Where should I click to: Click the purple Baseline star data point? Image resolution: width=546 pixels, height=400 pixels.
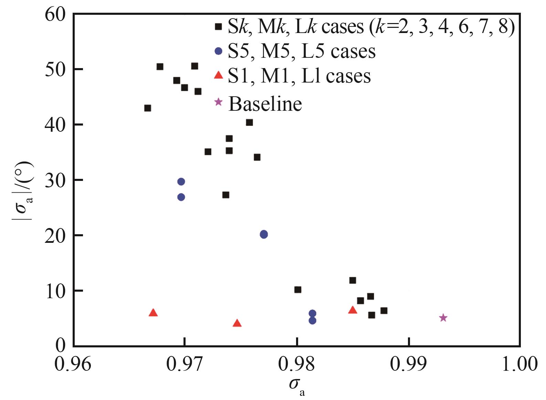(443, 318)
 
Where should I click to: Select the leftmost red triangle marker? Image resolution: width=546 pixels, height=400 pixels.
(153, 313)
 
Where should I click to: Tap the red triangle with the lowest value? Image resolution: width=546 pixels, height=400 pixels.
(237, 323)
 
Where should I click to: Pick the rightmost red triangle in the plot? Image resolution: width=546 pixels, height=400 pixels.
(353, 310)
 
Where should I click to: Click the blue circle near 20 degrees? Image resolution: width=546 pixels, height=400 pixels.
(264, 235)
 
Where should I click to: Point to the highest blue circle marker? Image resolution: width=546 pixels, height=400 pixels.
(181, 182)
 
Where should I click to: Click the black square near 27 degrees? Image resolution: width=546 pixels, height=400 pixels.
(226, 195)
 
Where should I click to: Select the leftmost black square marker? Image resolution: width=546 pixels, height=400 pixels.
(148, 108)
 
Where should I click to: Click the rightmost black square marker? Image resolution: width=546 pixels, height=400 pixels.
(384, 311)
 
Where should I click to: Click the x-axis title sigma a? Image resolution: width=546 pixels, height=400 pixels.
(297, 386)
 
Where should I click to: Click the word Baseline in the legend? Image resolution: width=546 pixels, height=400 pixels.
(265, 104)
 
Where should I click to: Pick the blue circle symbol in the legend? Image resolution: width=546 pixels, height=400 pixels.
(218, 51)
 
